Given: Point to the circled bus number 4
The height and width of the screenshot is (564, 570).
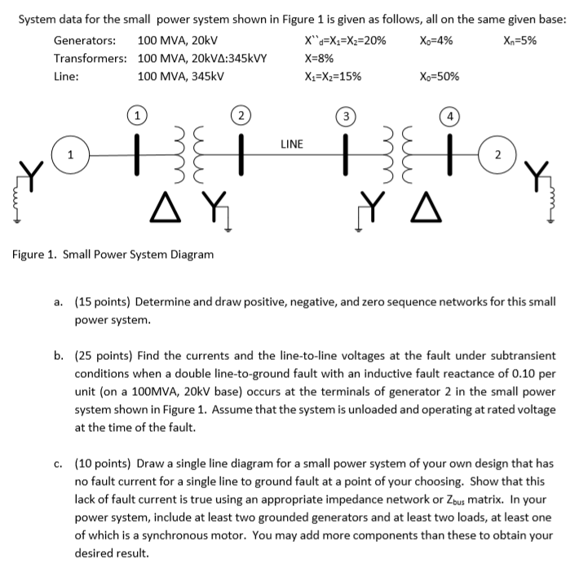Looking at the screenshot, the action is coord(447,117).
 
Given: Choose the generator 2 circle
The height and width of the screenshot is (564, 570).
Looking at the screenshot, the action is coord(497,155).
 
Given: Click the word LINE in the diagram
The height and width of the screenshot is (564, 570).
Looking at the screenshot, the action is coord(291,144).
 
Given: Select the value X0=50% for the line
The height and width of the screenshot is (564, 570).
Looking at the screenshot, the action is coord(439,77).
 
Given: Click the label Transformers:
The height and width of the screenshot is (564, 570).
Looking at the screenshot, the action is coord(90,58).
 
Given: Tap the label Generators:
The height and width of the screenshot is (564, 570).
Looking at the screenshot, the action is coord(84,40).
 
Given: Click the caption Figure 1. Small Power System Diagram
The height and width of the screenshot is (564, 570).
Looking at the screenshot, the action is coord(113,254).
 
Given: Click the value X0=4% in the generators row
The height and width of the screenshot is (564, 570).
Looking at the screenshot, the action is coord(436,40).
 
